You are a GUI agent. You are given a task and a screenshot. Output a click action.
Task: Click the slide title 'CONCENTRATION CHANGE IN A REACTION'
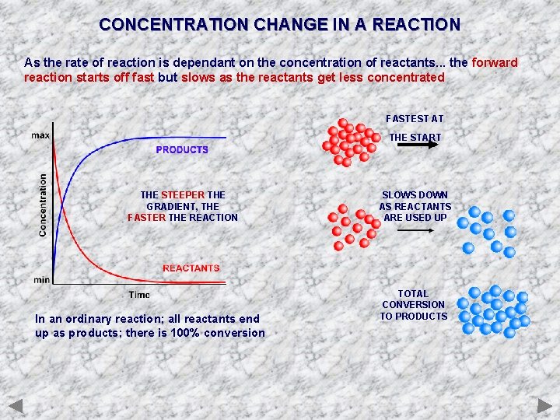pos(279,24)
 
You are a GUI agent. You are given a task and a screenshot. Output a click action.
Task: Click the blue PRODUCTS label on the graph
pos(182,149)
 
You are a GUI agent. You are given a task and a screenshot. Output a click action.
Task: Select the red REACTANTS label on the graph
pos(191,268)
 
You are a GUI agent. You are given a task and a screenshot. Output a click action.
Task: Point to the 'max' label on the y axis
pos(40,135)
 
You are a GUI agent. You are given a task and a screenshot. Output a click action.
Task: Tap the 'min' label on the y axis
pos(41,279)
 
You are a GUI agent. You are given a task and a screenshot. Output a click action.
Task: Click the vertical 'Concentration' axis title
pos(43,205)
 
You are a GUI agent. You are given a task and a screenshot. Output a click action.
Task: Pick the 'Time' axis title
pos(139,295)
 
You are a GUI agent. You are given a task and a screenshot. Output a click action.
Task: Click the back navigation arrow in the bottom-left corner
pos(16,405)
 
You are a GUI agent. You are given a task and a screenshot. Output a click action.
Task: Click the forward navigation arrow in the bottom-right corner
pos(544,405)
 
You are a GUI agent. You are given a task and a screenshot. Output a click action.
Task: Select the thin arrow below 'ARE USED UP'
pos(415,231)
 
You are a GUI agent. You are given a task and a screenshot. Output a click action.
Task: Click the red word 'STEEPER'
pos(183,195)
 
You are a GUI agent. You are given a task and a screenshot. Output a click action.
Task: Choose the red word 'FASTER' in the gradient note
pos(146,218)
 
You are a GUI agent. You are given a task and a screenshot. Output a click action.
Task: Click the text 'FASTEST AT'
pos(415,119)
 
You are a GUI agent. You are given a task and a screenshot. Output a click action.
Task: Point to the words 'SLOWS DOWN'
pos(415,195)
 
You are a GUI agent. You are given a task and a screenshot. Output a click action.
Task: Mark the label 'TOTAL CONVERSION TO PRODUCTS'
pos(414,305)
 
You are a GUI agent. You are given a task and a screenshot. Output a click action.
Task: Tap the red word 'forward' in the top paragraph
pos(494,62)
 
